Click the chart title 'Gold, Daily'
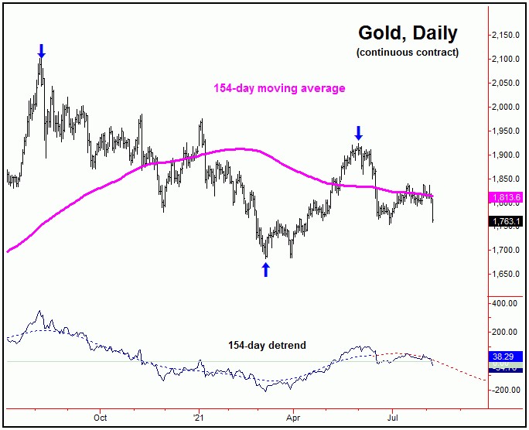[x=408, y=33]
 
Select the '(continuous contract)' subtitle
[x=408, y=53]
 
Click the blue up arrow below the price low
[x=266, y=269]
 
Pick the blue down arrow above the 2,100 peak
[x=42, y=51]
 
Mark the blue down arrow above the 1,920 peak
[x=358, y=132]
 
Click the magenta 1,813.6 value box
[x=507, y=197]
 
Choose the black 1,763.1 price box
[x=507, y=221]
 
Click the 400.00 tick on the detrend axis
[x=507, y=304]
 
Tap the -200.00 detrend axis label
[x=507, y=390]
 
